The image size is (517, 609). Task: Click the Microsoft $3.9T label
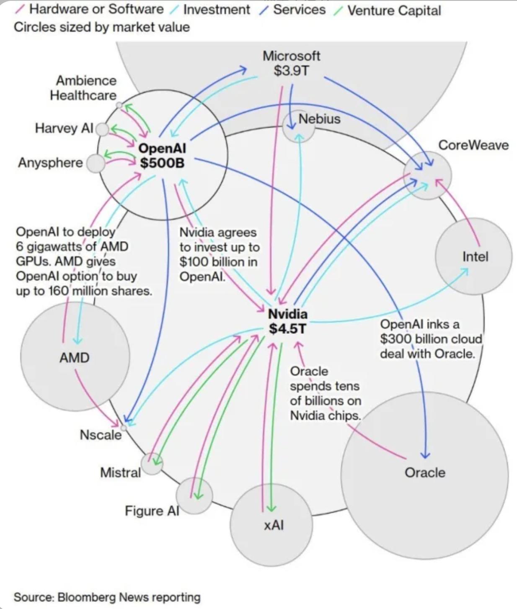click(291, 63)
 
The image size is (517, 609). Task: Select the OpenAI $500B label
click(162, 155)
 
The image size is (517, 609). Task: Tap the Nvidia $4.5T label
click(288, 321)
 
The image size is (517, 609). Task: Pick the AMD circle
click(75, 357)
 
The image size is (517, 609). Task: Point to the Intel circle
click(474, 256)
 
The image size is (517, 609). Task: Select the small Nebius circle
click(298, 126)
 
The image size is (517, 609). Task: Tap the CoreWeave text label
click(473, 145)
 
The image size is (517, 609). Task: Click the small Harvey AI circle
click(102, 129)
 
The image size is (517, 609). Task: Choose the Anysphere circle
click(96, 163)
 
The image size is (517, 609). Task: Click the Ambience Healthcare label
click(83, 88)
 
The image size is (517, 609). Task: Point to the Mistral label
click(120, 472)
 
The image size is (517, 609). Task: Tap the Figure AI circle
click(194, 496)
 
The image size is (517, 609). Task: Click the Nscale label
click(101, 435)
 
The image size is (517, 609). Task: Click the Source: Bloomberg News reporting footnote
click(107, 597)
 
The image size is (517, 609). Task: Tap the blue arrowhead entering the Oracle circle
click(425, 455)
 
